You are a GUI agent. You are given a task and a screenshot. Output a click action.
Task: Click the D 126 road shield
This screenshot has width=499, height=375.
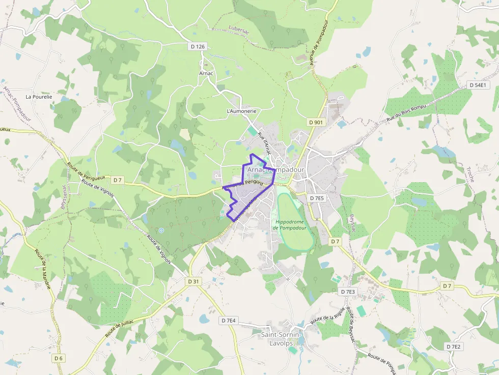(x=197, y=46)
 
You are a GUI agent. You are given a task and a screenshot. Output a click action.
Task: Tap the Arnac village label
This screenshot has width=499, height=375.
(x=206, y=73)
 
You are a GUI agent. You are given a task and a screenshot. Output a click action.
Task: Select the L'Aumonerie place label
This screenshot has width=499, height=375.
(x=241, y=110)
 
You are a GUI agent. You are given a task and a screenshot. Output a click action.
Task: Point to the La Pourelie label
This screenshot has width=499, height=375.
(x=39, y=96)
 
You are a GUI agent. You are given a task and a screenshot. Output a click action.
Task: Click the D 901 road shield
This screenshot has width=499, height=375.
(x=316, y=122)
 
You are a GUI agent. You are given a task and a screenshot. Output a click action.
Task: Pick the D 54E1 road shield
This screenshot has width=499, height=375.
(x=478, y=85)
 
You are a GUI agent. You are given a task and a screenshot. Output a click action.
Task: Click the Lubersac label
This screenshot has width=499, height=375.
(x=239, y=28)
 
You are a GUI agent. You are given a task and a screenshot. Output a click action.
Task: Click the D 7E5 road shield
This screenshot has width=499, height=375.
(x=317, y=198)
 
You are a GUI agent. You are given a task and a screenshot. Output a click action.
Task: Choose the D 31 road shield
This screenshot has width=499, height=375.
(x=193, y=281)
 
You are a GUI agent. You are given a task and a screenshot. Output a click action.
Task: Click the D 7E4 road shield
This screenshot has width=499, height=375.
(x=229, y=321)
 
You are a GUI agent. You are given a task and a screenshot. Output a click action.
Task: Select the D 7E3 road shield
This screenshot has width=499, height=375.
(x=347, y=292)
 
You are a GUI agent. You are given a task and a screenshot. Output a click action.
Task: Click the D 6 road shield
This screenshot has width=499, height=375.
(x=59, y=358)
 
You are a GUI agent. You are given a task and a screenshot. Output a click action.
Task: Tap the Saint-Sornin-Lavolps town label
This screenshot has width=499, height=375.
(x=280, y=338)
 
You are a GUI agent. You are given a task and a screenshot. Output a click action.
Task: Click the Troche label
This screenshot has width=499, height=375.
(x=470, y=174)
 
